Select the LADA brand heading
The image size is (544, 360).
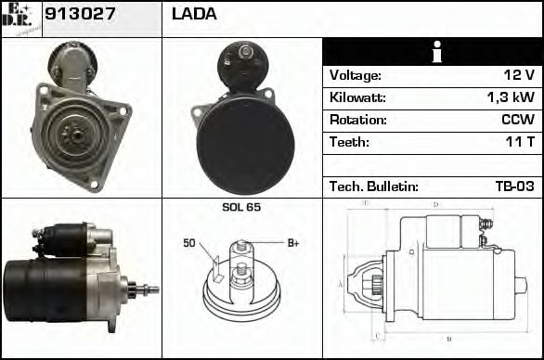(194, 15)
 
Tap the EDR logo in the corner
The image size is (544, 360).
(20, 17)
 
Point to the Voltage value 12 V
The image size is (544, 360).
(515, 75)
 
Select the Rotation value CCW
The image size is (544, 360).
(515, 120)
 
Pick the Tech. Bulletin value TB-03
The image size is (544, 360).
(513, 186)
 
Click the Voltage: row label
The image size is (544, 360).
(355, 75)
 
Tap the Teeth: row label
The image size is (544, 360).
(349, 142)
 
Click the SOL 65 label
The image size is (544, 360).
(241, 207)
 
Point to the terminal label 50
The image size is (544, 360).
(188, 243)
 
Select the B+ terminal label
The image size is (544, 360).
(292, 243)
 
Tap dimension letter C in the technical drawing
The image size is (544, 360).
(374, 336)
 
